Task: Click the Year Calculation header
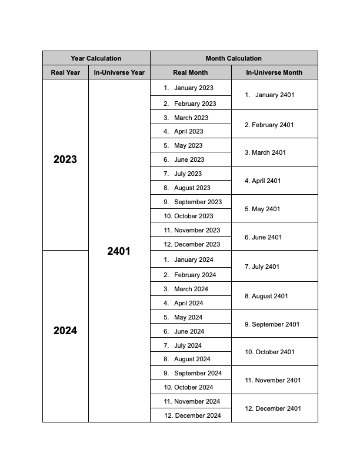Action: tap(96, 58)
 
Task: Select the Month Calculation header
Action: tap(234, 58)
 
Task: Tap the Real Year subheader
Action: tap(65, 72)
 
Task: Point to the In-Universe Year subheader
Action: tap(119, 72)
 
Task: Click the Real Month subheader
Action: tap(190, 72)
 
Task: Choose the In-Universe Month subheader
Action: tap(274, 72)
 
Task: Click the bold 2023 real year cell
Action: tap(65, 159)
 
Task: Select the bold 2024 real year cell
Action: tap(65, 331)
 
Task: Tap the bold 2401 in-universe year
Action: tap(119, 251)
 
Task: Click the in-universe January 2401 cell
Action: tap(274, 95)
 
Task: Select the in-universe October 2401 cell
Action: tap(274, 352)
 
